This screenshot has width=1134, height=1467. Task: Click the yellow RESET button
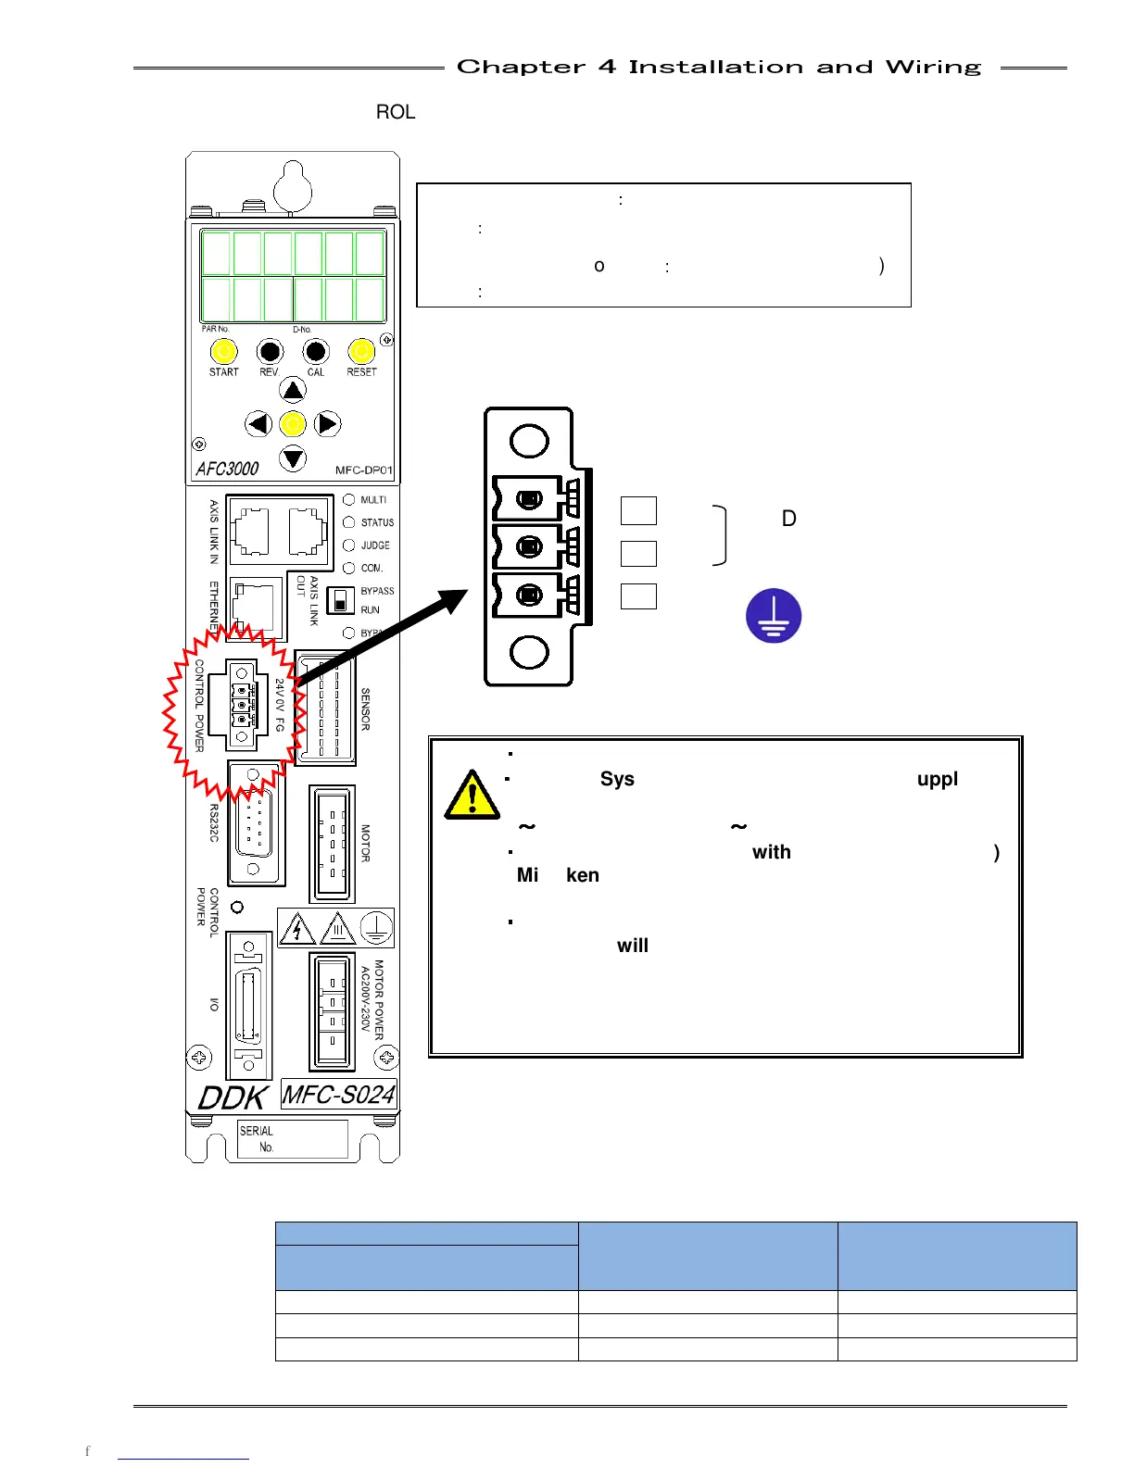tap(361, 352)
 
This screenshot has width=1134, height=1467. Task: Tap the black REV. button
tap(270, 352)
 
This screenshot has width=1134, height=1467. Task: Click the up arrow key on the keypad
tap(293, 390)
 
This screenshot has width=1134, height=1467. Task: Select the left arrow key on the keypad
tap(258, 424)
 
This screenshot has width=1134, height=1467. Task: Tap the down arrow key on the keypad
tap(293, 458)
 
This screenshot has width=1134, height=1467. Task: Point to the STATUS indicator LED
tap(349, 522)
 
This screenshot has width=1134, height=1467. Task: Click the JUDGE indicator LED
tap(349, 545)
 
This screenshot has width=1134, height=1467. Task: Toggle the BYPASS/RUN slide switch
tap(341, 600)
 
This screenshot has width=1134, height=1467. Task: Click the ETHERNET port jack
tap(255, 608)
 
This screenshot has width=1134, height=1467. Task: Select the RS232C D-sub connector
tap(255, 823)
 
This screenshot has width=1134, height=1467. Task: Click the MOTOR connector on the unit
tap(332, 844)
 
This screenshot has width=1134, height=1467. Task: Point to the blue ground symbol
tap(774, 616)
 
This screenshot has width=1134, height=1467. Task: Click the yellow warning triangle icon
tap(472, 796)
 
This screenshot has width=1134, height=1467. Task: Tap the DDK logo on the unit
tap(233, 1097)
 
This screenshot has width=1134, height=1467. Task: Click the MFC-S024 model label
tap(339, 1095)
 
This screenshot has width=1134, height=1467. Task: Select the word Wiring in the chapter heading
tap(933, 68)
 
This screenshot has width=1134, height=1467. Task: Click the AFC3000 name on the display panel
tap(228, 469)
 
